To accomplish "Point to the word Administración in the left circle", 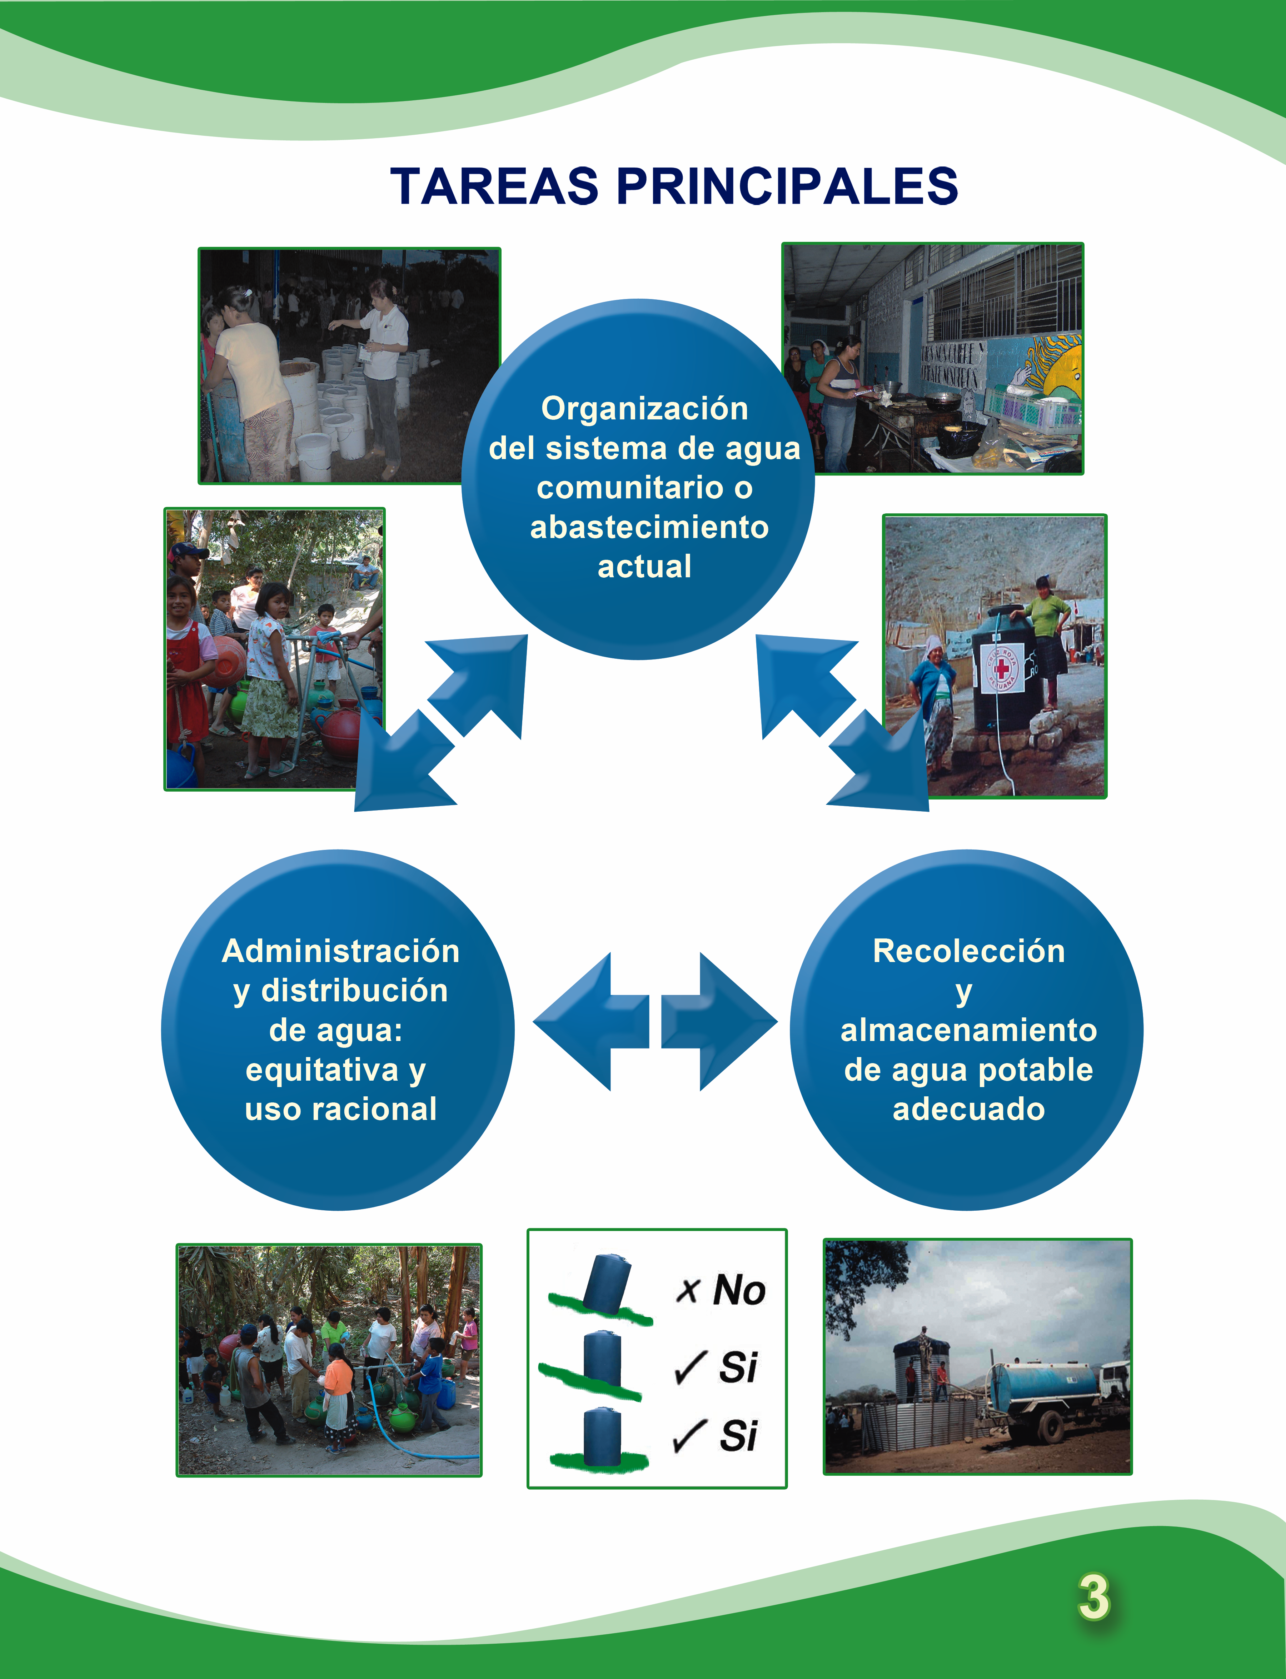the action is click(341, 951).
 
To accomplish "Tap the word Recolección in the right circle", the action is click(969, 951).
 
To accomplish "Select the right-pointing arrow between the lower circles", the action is click(719, 1021).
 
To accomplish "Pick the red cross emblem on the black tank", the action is click(1001, 668).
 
